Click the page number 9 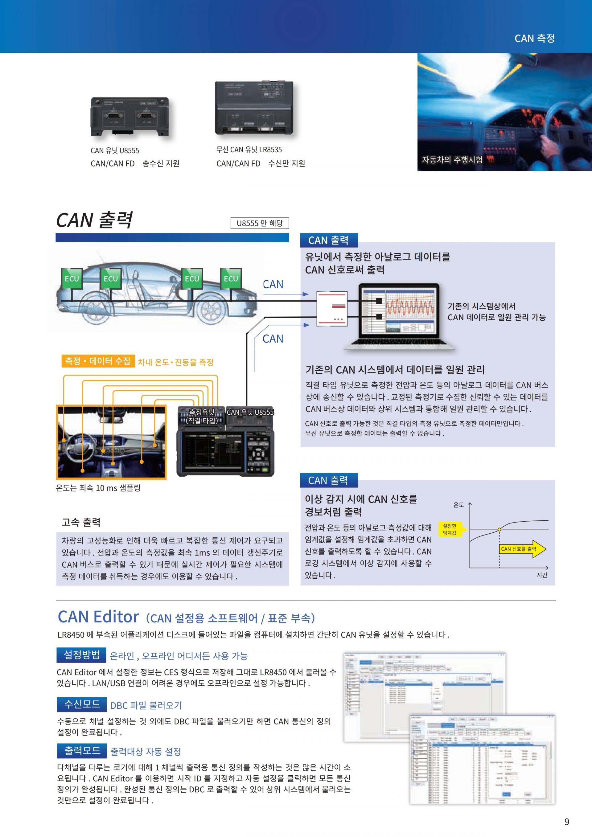[x=566, y=821]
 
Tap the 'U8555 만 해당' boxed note [x=260, y=223]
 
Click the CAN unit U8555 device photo [x=129, y=117]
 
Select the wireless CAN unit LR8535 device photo [x=254, y=108]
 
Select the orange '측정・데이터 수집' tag [x=98, y=361]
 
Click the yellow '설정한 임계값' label [x=450, y=529]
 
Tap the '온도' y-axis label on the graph [x=458, y=505]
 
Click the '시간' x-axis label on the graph [x=542, y=575]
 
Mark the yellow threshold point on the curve [x=499, y=529]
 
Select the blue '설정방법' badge [x=82, y=655]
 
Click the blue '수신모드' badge [x=82, y=704]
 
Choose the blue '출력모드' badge [x=82, y=751]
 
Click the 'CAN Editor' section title [x=98, y=617]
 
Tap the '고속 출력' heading [x=81, y=522]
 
